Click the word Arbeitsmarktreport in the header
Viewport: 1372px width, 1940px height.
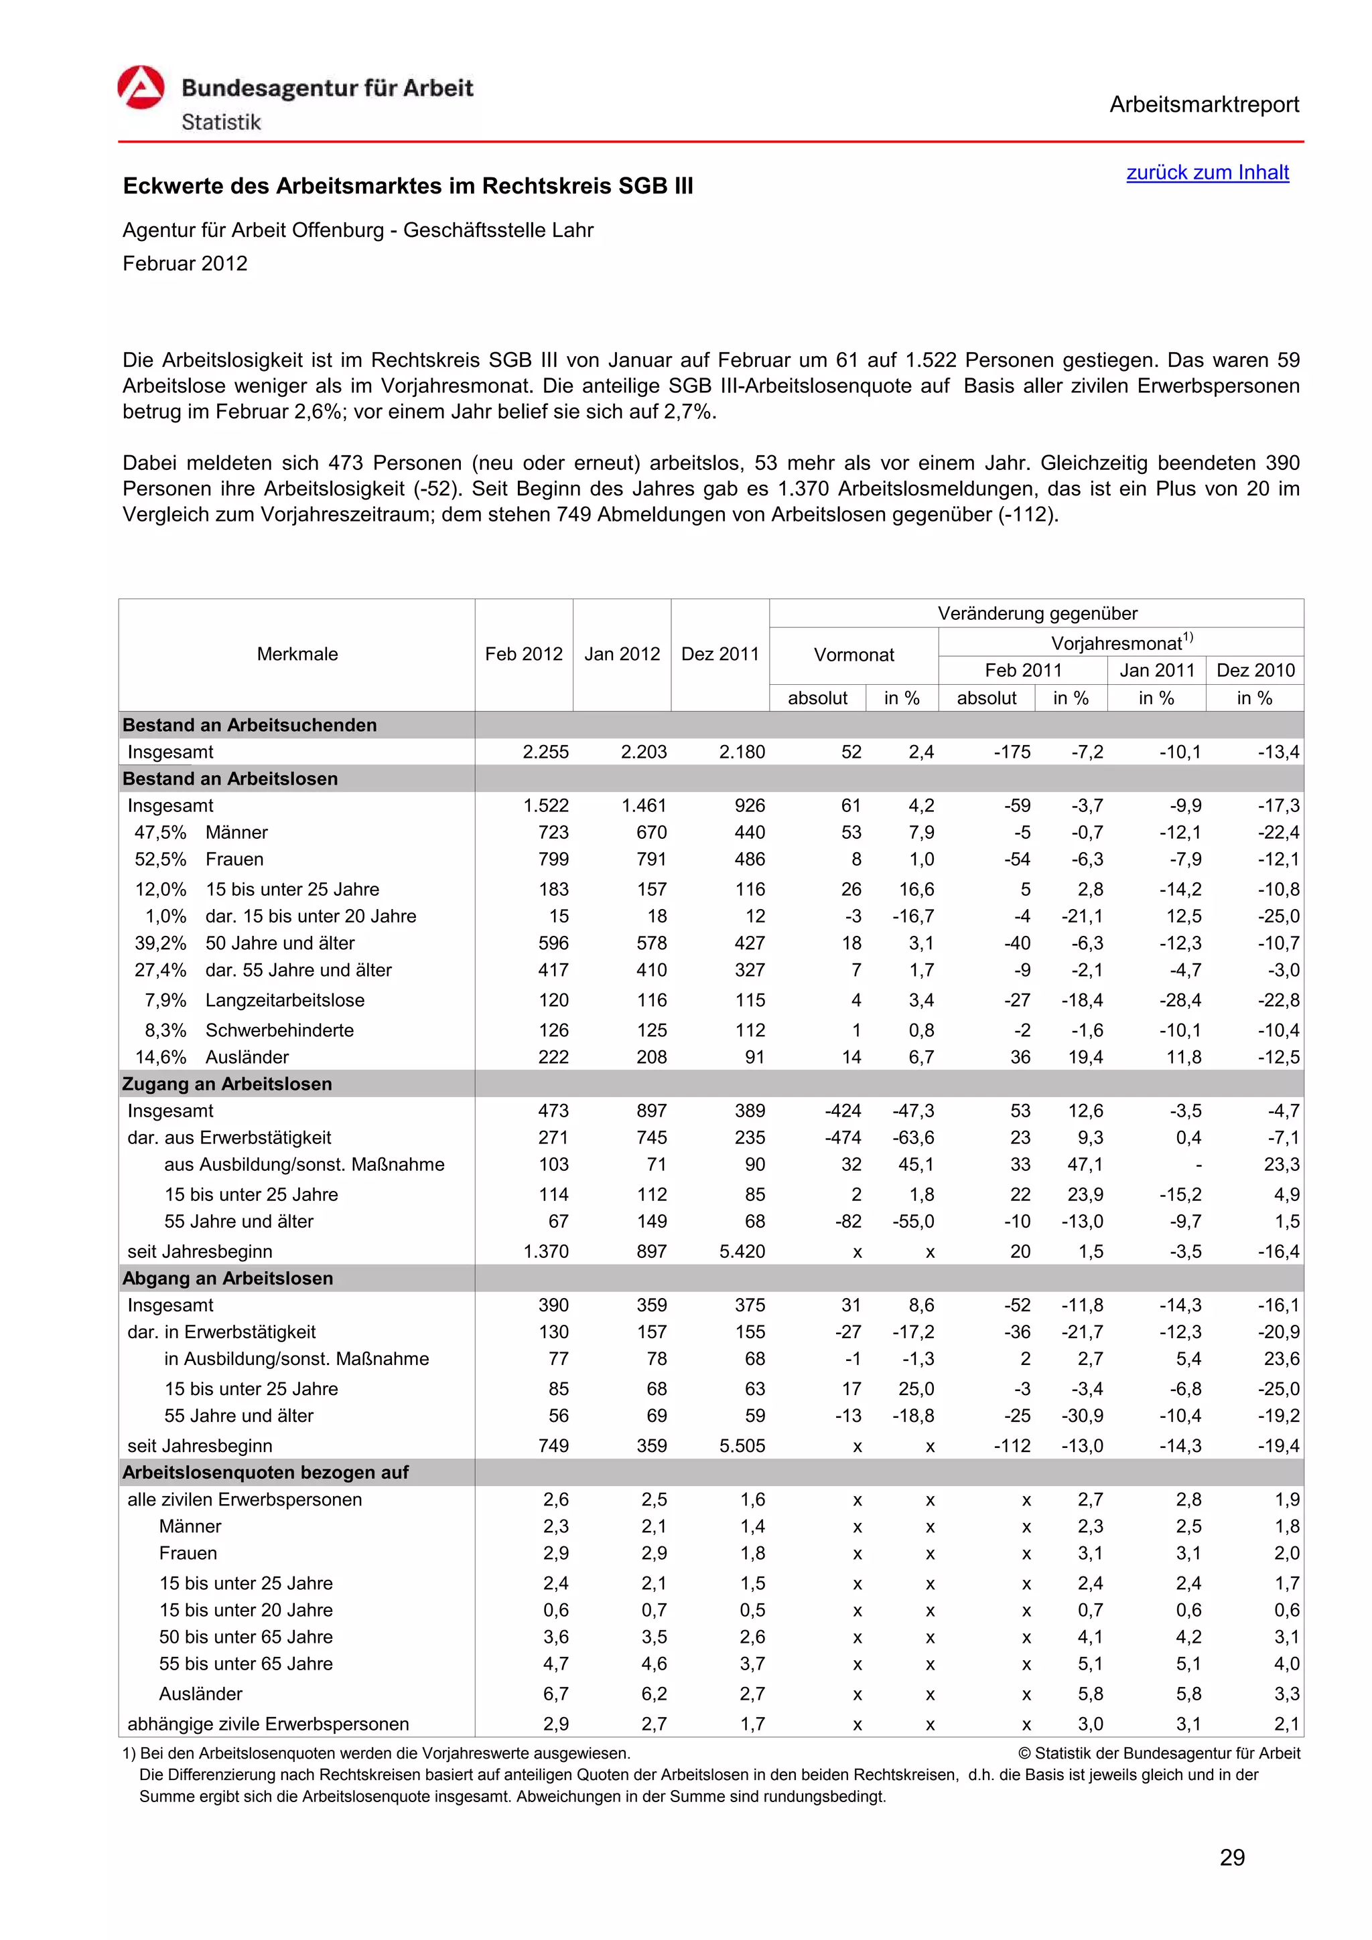1203,105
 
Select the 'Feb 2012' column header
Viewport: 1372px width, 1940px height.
523,654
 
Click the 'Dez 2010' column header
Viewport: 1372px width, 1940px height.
1255,670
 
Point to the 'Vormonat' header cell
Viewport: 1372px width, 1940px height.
853,655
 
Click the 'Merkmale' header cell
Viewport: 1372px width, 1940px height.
297,654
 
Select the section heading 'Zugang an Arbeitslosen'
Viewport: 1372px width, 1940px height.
226,1084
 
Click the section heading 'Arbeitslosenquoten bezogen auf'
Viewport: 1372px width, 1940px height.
265,1473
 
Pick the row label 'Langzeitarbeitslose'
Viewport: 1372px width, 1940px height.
284,1000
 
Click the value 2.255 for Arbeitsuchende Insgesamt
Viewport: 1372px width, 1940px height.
545,752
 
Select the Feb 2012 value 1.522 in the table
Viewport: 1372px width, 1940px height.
545,806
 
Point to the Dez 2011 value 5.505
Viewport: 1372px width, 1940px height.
742,1446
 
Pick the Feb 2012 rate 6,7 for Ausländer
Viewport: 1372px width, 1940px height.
555,1694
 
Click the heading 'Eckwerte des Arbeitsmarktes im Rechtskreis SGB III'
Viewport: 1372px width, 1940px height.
407,187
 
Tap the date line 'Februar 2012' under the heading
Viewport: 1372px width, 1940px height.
184,264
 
